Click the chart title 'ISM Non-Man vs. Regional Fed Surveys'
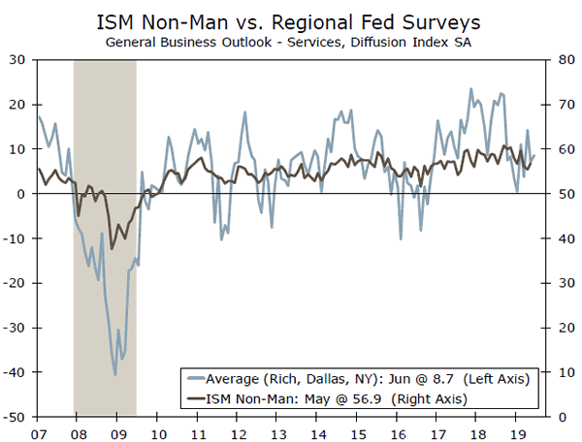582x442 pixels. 291,20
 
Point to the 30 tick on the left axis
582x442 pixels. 18,59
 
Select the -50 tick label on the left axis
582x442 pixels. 16,418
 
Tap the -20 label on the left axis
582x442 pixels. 16,283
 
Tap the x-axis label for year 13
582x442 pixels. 277,430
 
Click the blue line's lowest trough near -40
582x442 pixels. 115,375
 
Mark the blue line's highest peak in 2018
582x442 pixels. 470,89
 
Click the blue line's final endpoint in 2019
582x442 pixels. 534,155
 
